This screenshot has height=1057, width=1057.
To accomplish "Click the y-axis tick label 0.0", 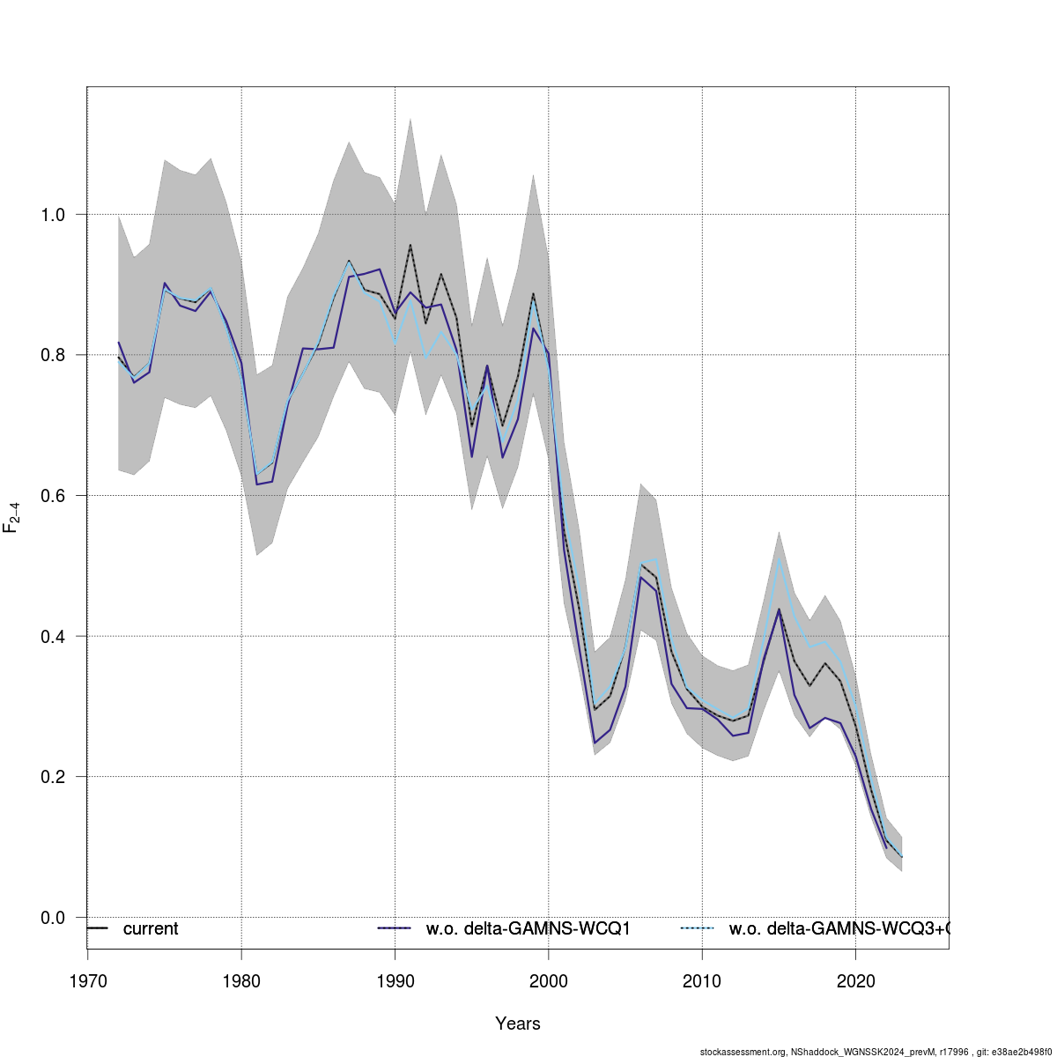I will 54,918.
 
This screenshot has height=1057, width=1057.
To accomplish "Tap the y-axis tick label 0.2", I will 54,777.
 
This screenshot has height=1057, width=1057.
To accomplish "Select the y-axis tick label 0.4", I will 54,636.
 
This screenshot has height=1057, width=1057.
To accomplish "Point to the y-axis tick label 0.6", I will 54,496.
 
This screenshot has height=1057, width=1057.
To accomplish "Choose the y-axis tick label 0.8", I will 54,355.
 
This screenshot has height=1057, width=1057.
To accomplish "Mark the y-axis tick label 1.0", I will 54,215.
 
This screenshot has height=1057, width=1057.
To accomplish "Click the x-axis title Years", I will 518,1024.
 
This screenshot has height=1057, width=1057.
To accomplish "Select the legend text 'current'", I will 151,929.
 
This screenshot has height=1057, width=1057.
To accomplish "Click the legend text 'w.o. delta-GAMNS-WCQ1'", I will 528,929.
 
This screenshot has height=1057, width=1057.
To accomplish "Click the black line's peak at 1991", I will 410,245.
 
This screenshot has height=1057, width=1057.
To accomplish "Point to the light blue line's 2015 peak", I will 780,558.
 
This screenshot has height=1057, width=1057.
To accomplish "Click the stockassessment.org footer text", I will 877,1052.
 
